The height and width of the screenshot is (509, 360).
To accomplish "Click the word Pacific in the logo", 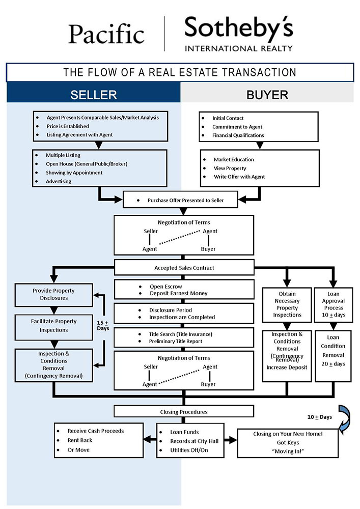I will tap(106, 34).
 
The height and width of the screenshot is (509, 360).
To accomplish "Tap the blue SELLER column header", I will tap(94, 95).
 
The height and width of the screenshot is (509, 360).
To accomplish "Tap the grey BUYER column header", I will tap(267, 95).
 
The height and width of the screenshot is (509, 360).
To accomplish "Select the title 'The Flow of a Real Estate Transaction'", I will tap(180, 72).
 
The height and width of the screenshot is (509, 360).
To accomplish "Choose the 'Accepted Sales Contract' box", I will tap(184, 268).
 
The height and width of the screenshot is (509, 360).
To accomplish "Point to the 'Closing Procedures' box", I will tap(184, 411).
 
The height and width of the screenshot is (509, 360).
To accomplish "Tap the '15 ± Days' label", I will tap(103, 325).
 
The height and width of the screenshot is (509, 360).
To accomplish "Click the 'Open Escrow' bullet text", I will tap(169, 287).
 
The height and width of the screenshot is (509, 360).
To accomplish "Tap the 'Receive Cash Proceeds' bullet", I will tap(96, 431).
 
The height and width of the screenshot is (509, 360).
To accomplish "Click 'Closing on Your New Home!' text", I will tap(288, 434).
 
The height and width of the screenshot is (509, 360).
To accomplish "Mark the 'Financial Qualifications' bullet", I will tap(238, 135).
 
